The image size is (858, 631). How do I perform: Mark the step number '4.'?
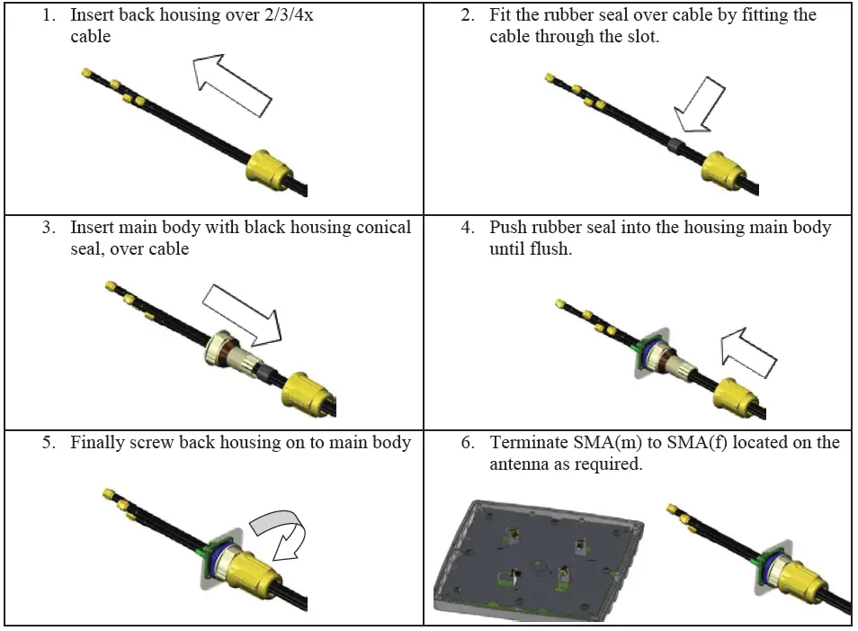pos(468,228)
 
